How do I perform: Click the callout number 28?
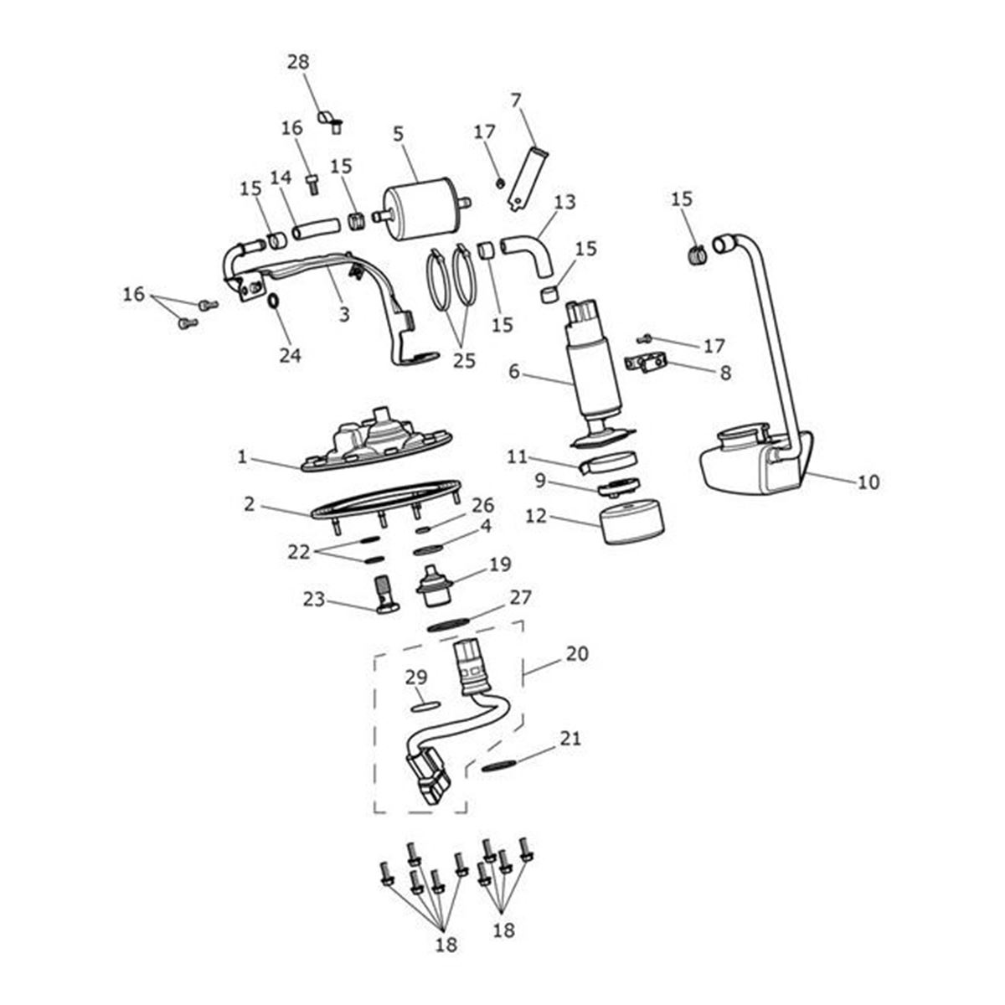coord(297,62)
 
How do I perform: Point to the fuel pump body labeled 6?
coord(593,368)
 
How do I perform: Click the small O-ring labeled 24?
coord(274,300)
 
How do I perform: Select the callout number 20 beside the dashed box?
coord(577,653)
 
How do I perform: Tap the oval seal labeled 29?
coord(425,706)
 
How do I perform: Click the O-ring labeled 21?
coord(500,766)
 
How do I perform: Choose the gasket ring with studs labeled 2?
coord(385,499)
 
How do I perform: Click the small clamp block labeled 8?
coord(645,365)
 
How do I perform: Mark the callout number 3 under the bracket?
coord(343,314)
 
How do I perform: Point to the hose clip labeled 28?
coord(328,120)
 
